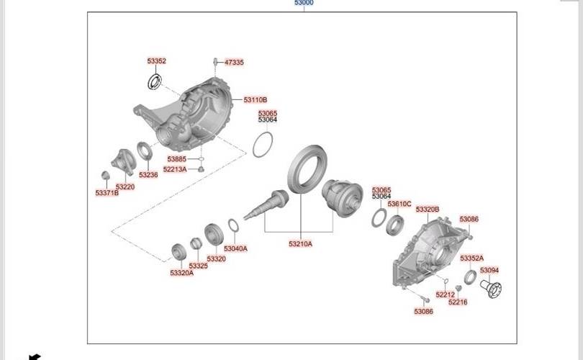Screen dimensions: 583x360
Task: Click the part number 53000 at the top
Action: [304, 3]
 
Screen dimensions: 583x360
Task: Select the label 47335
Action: [234, 63]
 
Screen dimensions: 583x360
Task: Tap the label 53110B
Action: [256, 99]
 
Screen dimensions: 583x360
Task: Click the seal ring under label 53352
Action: [155, 82]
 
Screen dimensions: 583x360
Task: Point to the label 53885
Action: [176, 159]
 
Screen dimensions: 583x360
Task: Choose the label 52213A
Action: [175, 170]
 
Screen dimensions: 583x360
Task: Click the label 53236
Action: [148, 175]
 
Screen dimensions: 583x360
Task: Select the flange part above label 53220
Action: [124, 162]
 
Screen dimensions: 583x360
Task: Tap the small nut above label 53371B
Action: [106, 175]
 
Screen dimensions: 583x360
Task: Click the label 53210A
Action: [300, 244]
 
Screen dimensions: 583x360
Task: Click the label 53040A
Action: [236, 248]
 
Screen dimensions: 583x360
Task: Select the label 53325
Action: [198, 266]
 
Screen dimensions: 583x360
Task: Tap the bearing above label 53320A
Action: [178, 252]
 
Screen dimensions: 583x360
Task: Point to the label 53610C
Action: [399, 204]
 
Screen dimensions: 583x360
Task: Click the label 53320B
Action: [428, 210]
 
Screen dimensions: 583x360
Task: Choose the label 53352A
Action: [472, 258]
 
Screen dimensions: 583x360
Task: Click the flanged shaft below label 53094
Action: [491, 288]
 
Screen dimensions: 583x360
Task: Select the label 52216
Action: [458, 302]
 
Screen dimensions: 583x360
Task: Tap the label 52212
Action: [445, 294]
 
